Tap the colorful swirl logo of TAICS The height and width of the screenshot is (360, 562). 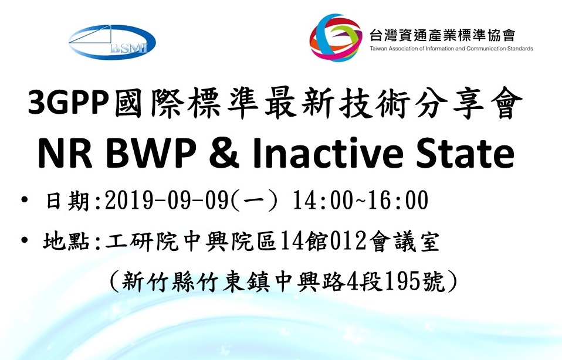pyautogui.click(x=336, y=38)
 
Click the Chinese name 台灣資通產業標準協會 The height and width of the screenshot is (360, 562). pyautogui.click(x=442, y=35)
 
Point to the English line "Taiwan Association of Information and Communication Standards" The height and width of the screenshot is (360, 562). pyautogui.click(x=452, y=49)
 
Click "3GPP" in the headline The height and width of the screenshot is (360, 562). pyautogui.click(x=69, y=103)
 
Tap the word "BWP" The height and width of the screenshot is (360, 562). pyautogui.click(x=151, y=154)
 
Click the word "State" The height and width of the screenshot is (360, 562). pyautogui.click(x=465, y=154)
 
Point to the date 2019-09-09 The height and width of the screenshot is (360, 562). pyautogui.click(x=167, y=200)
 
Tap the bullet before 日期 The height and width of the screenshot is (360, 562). pyautogui.click(x=25, y=199)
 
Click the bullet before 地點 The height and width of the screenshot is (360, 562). pyautogui.click(x=25, y=240)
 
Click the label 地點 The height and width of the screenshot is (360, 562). pyautogui.click(x=67, y=241)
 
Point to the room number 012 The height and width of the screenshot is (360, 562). pyautogui.click(x=347, y=241)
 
